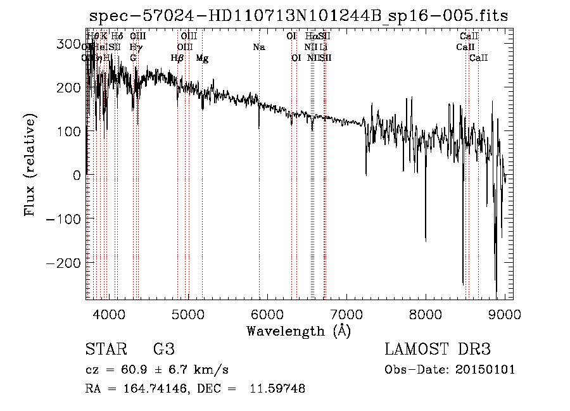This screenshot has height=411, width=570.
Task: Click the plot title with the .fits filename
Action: click(x=298, y=16)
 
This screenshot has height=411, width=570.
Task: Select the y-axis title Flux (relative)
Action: click(x=30, y=165)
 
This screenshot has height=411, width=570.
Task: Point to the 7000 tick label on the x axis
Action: click(x=346, y=313)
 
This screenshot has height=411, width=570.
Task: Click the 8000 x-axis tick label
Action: click(x=425, y=313)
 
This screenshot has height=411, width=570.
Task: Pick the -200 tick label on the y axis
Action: click(x=63, y=262)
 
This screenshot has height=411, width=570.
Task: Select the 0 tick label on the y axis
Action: click(x=78, y=175)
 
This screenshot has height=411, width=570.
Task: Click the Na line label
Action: click(x=258, y=47)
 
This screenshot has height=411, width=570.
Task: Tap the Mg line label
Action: click(x=202, y=58)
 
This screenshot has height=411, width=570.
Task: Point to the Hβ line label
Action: click(x=177, y=58)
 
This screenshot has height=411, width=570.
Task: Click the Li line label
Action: click(x=323, y=47)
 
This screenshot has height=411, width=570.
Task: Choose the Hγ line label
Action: click(x=135, y=47)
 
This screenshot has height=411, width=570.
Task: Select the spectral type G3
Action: click(x=163, y=350)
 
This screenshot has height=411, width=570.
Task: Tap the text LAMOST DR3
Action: click(x=438, y=350)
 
